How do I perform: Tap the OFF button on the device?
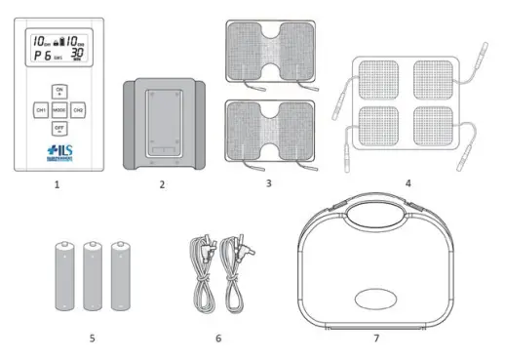point(58,128)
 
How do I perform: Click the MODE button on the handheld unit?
point(58,110)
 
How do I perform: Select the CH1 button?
point(41,110)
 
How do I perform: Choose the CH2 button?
point(78,110)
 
